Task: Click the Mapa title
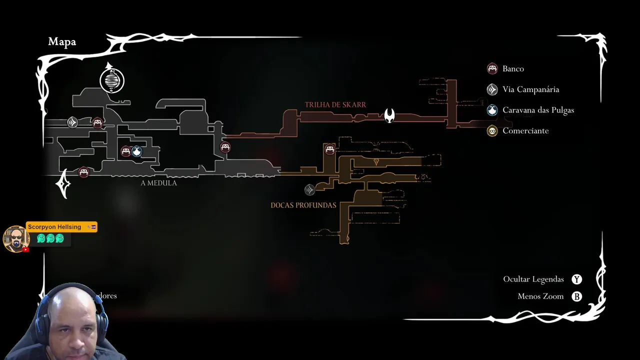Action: pyautogui.click(x=62, y=42)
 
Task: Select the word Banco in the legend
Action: pyautogui.click(x=513, y=69)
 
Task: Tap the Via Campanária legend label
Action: pyautogui.click(x=530, y=89)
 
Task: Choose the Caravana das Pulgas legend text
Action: pyautogui.click(x=538, y=110)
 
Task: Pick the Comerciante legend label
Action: pyautogui.click(x=525, y=131)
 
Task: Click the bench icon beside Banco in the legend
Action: pyautogui.click(x=492, y=68)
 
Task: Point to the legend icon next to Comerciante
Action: pyautogui.click(x=492, y=131)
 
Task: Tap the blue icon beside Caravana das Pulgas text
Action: pyautogui.click(x=492, y=110)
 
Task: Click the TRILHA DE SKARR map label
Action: pyautogui.click(x=335, y=105)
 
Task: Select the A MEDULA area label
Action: pyautogui.click(x=158, y=183)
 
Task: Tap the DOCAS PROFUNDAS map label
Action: pyautogui.click(x=303, y=205)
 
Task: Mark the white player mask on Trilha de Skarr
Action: pyautogui.click(x=389, y=115)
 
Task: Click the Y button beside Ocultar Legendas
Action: pyautogui.click(x=577, y=279)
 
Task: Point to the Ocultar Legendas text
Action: pyautogui.click(x=533, y=279)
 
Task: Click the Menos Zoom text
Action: pyautogui.click(x=540, y=296)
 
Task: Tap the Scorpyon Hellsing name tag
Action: pyautogui.click(x=54, y=227)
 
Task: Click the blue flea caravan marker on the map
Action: pyautogui.click(x=136, y=151)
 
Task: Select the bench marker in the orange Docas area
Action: pyautogui.click(x=329, y=149)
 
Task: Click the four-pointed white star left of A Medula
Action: pyautogui.click(x=63, y=184)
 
